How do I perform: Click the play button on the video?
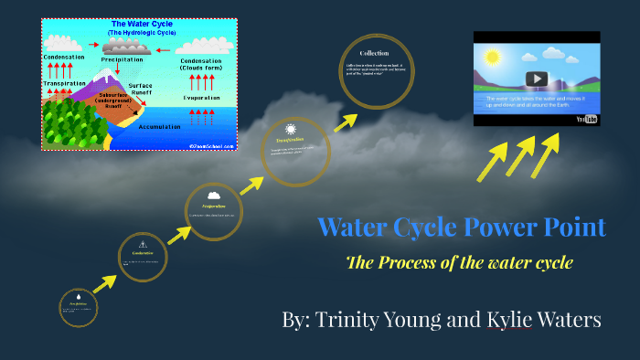point(537,79)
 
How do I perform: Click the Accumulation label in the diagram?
point(160,127)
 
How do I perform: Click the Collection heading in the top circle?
point(375,53)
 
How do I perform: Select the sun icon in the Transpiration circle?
point(291,130)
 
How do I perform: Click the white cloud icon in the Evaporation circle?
point(214,195)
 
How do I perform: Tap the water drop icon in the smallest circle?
point(79,297)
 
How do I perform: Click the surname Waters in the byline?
point(563,319)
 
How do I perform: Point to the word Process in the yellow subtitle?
point(421,263)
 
